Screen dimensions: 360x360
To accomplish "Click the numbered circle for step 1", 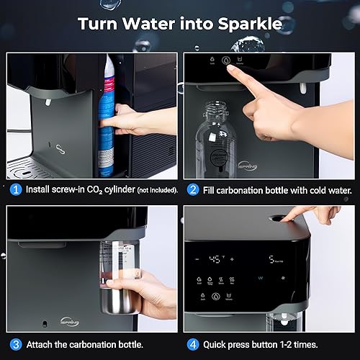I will (15, 190).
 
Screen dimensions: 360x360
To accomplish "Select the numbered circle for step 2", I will (193, 190).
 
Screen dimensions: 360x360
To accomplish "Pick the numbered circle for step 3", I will (15, 343).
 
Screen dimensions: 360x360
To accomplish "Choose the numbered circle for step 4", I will (193, 343).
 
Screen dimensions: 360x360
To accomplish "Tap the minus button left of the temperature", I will (202, 258).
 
